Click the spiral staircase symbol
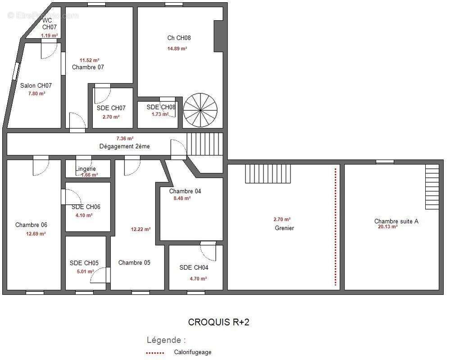coord(200,110)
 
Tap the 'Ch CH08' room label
coord(179,38)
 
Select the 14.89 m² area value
coord(177,49)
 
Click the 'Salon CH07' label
coord(36,85)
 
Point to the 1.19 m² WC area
coord(50,36)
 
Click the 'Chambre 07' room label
coord(88,67)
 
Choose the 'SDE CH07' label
coord(111,108)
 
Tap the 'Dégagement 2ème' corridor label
coord(125,146)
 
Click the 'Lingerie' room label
coord(86,169)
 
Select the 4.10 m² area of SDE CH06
coord(84,215)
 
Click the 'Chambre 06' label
coord(31,225)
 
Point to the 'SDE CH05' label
coord(84,263)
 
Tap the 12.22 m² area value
coord(141,229)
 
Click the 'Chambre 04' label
coord(185,191)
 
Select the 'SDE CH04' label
coord(194,267)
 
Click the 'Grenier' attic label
coord(284,228)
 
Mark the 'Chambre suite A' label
coord(396,221)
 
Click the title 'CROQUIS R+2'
coord(218,322)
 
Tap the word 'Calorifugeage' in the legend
coord(193,352)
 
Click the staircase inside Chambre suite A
coord(432,187)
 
